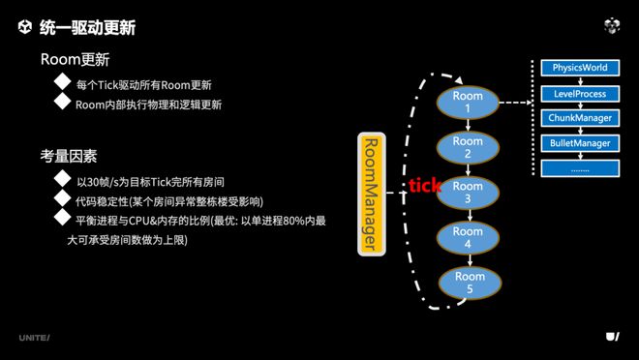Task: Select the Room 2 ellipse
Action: pyautogui.click(x=468, y=147)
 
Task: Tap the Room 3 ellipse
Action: pyautogui.click(x=468, y=192)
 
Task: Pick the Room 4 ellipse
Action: pyautogui.click(x=468, y=237)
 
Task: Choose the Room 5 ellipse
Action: pyautogui.click(x=468, y=282)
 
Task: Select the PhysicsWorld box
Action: pyautogui.click(x=580, y=69)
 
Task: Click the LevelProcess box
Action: pyautogui.click(x=580, y=94)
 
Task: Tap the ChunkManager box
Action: pyautogui.click(x=580, y=118)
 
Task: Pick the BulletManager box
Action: pyautogui.click(x=580, y=143)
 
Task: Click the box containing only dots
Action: pyautogui.click(x=580, y=167)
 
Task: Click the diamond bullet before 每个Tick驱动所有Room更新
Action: pyautogui.click(x=63, y=83)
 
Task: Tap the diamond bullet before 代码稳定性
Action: pyautogui.click(x=63, y=200)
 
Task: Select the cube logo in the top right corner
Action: pyautogui.click(x=612, y=26)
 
